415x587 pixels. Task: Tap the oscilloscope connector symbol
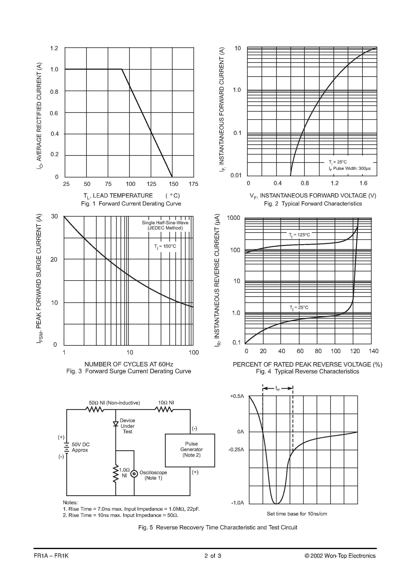(134, 474)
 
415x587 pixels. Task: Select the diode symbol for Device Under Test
(116, 424)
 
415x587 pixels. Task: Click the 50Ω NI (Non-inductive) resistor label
(114, 403)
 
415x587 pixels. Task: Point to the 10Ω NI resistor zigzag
(164, 410)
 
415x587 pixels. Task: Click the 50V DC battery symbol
(66, 448)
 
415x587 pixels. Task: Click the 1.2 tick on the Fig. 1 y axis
(54, 48)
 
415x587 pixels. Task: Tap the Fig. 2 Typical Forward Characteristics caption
(313, 204)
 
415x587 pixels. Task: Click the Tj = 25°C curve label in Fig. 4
(299, 308)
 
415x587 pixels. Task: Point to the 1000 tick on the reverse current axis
(234, 218)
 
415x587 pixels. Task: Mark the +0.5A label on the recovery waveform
(237, 396)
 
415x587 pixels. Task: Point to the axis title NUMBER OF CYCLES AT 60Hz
(129, 364)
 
